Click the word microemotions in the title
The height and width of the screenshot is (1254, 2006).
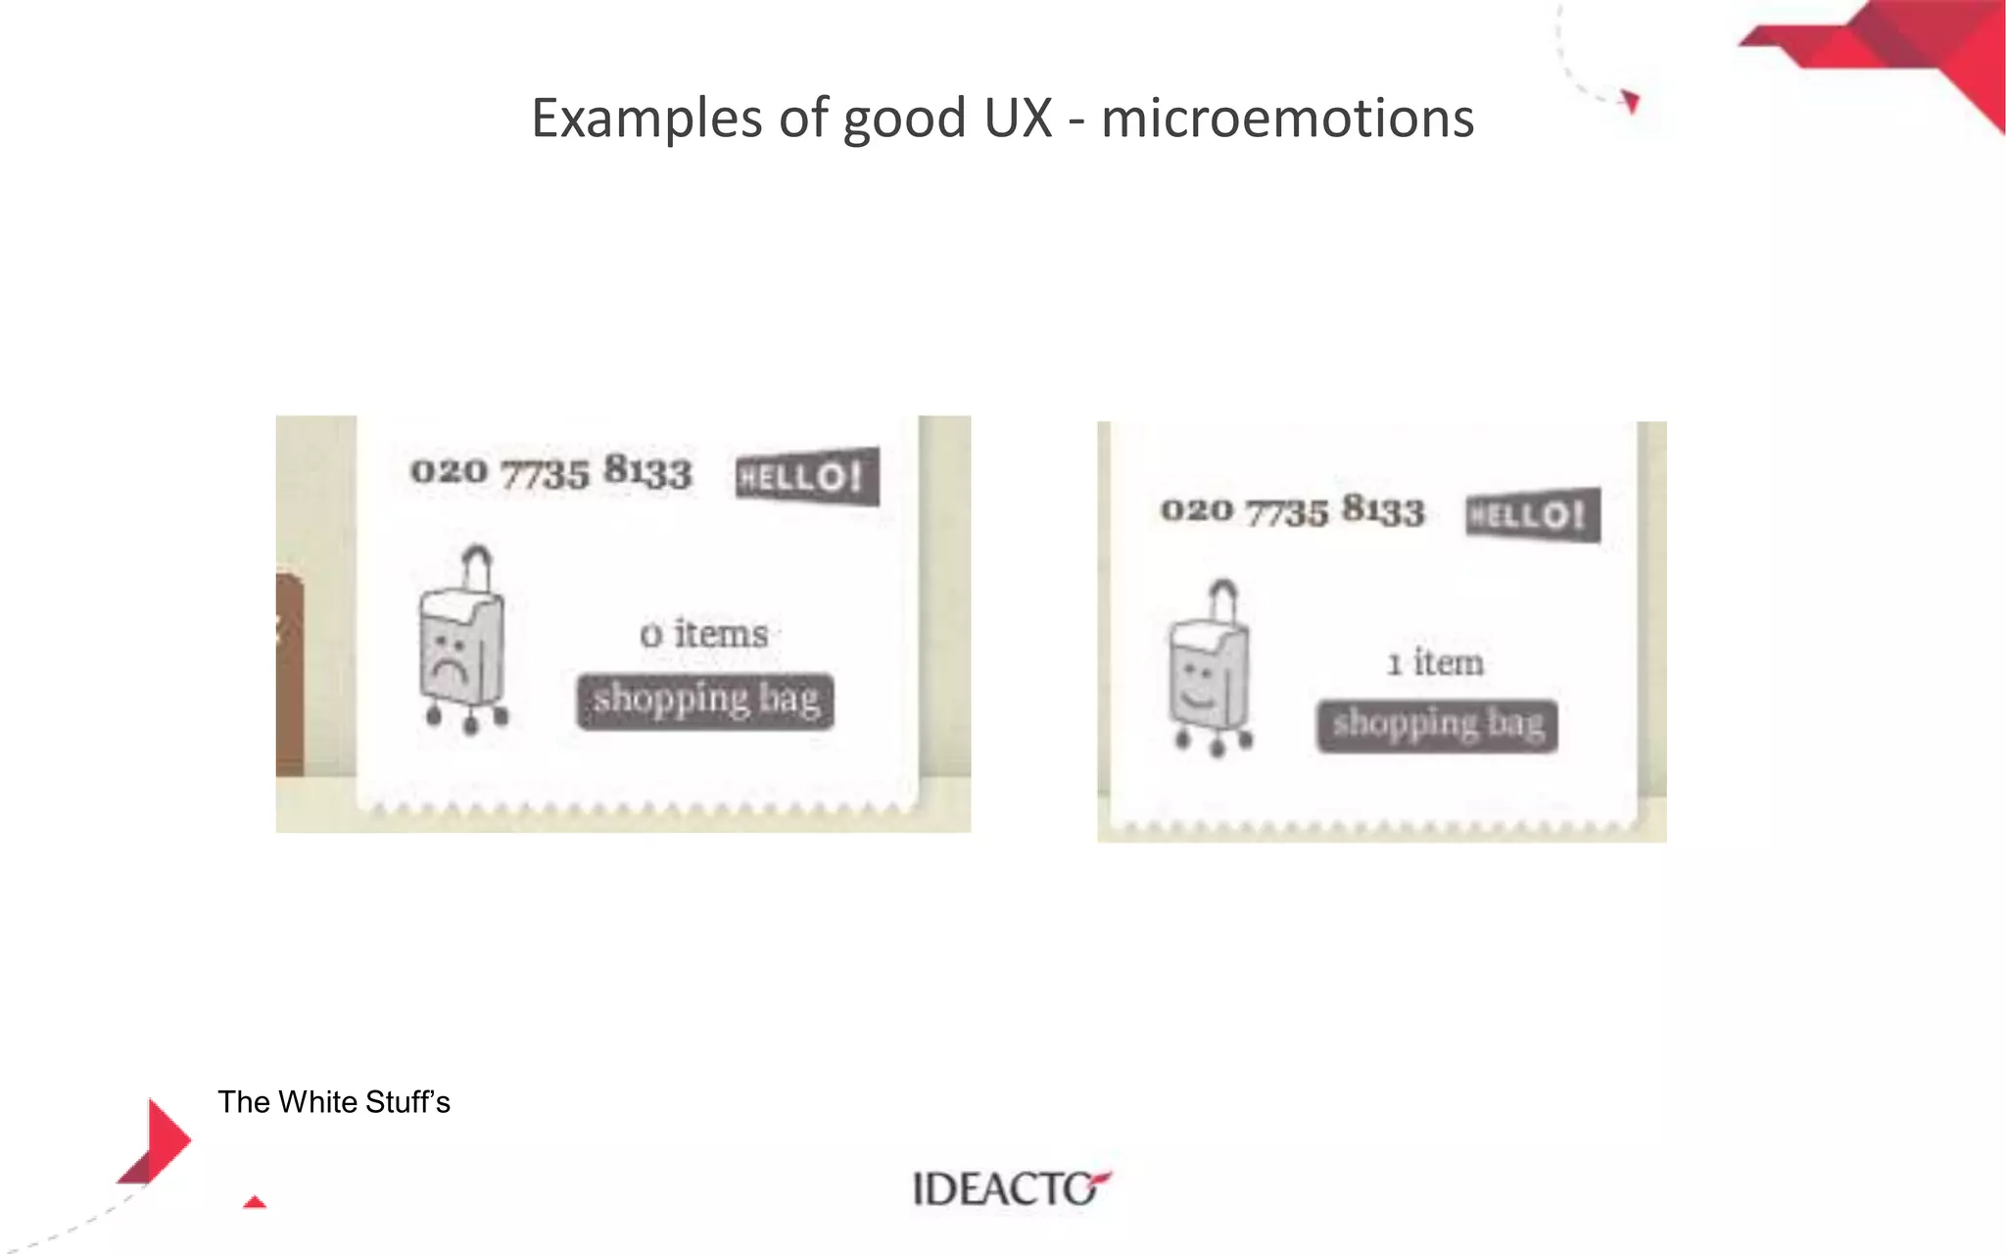[x=1287, y=119]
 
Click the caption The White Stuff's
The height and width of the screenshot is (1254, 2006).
[x=334, y=1102]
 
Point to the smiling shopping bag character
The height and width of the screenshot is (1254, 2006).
[x=1211, y=676]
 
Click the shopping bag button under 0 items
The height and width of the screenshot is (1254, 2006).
[x=705, y=700]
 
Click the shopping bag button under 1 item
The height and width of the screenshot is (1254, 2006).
[x=1437, y=725]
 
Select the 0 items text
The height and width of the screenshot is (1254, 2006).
[x=704, y=634]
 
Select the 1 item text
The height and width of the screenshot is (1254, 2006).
[x=1435, y=663]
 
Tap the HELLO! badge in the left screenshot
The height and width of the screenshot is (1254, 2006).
[x=807, y=477]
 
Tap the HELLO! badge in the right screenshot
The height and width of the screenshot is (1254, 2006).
[x=1533, y=514]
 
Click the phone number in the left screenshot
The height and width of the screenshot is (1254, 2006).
[x=550, y=471]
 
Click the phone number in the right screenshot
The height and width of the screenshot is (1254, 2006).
[x=1292, y=510]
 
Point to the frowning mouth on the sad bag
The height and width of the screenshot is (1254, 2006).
[x=448, y=672]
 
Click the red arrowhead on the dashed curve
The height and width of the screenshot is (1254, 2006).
[x=1630, y=101]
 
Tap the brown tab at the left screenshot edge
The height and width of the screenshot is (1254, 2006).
[x=289, y=676]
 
